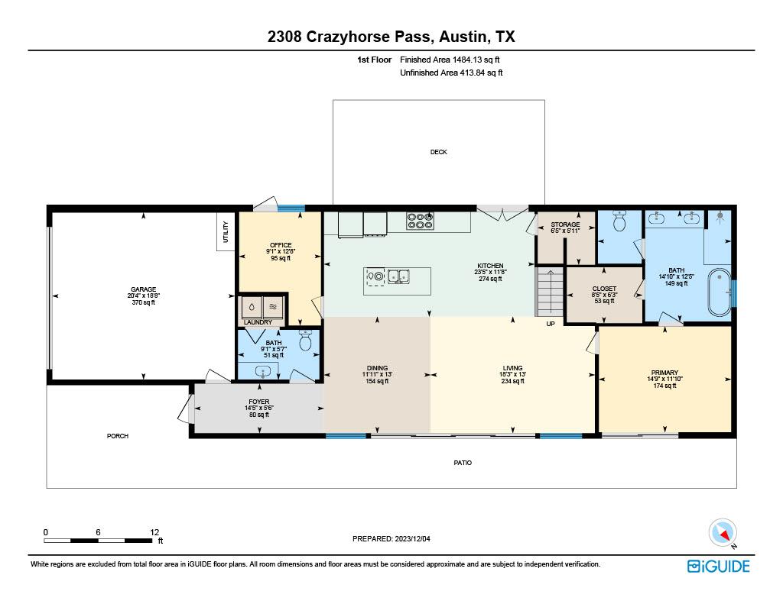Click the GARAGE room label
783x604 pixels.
pos(143,289)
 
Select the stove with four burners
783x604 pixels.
pos(420,221)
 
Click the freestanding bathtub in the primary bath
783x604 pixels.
pos(719,292)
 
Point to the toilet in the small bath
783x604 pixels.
pos(306,341)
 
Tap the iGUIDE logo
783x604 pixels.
pos(718,566)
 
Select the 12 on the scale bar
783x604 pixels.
pos(154,532)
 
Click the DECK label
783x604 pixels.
pos(438,152)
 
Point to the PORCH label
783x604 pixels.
pos(117,436)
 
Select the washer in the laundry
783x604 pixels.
pos(252,306)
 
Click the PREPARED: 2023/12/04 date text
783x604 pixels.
pos(391,538)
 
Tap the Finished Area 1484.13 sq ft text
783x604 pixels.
pos(450,60)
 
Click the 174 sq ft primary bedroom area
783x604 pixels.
pos(664,386)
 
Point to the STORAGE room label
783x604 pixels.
pos(565,224)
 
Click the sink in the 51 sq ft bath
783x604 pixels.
pos(264,372)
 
